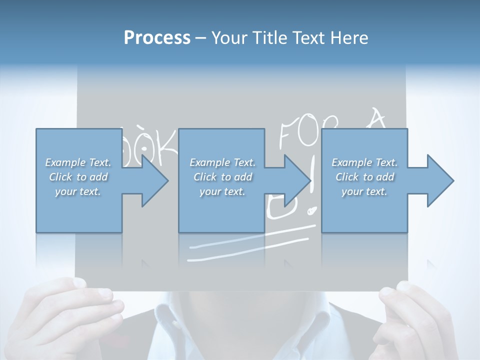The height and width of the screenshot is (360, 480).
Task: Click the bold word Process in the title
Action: [157, 38]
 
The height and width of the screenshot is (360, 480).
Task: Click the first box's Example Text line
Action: [78, 162]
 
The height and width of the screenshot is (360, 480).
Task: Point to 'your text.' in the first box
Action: [78, 191]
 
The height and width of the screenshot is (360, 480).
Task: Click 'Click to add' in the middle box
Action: [222, 177]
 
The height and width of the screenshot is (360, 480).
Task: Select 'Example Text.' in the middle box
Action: [222, 162]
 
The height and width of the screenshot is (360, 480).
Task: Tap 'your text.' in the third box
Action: [364, 191]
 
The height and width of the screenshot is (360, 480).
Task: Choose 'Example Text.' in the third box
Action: [364, 162]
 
